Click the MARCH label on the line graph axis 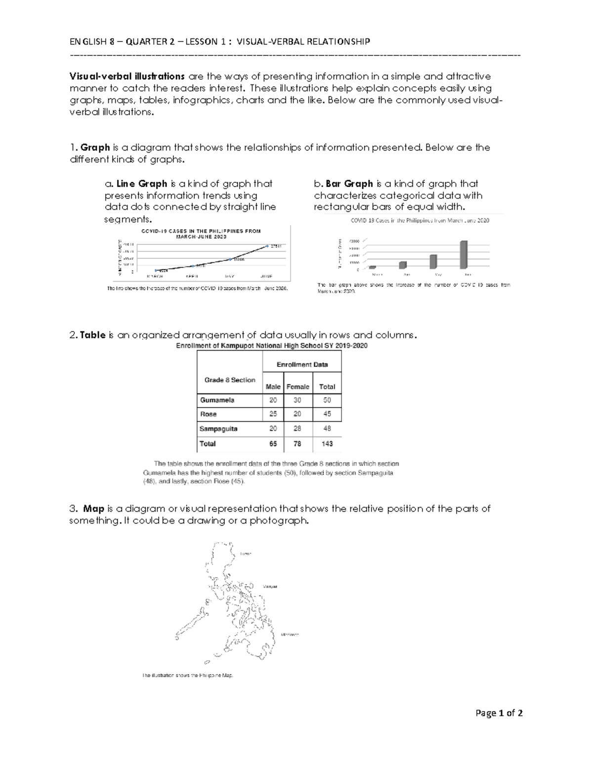[155, 277]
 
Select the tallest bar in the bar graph [464, 254]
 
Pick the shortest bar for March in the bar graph [373, 267]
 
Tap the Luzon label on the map [246, 554]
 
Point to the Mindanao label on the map [290, 635]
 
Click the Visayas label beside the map [270, 587]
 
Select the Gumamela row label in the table [217, 400]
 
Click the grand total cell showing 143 [327, 444]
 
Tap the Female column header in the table [298, 387]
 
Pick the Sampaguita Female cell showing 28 [297, 429]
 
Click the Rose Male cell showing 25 [273, 414]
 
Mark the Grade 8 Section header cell [230, 380]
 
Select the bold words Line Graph [141, 184]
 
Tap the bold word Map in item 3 [93, 509]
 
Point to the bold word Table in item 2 [92, 335]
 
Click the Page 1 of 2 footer [499, 713]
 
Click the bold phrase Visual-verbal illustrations [127, 77]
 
